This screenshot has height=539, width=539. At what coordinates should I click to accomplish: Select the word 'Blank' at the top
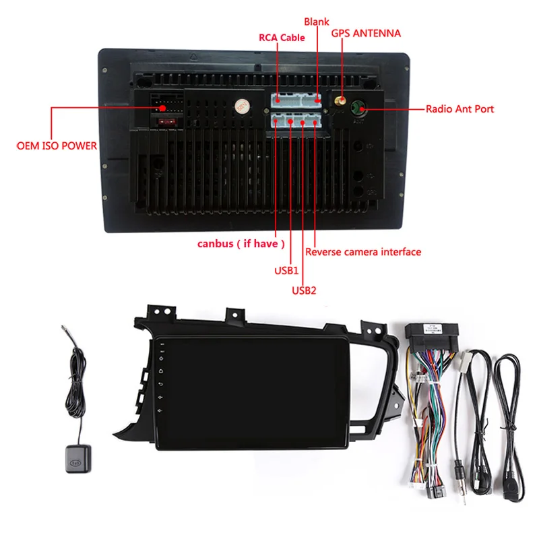click(316, 22)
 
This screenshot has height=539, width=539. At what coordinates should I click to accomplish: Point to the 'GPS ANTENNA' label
click(365, 33)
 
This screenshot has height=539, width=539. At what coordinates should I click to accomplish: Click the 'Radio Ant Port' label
click(459, 108)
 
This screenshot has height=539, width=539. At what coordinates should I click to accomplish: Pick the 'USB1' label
click(286, 270)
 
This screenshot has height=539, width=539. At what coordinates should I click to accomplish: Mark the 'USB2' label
click(304, 290)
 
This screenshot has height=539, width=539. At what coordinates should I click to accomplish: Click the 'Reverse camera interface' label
click(363, 252)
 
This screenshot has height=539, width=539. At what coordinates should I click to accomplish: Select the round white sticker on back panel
click(241, 107)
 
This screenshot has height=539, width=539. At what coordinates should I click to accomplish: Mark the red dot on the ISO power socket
click(163, 108)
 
